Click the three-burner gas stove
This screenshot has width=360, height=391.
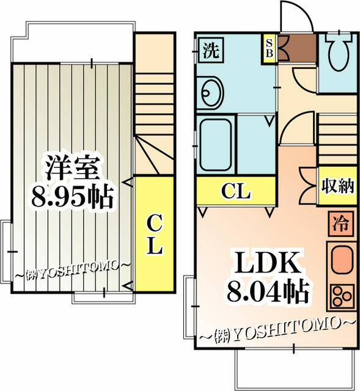point(340,296)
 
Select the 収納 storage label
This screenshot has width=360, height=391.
point(337,185)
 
